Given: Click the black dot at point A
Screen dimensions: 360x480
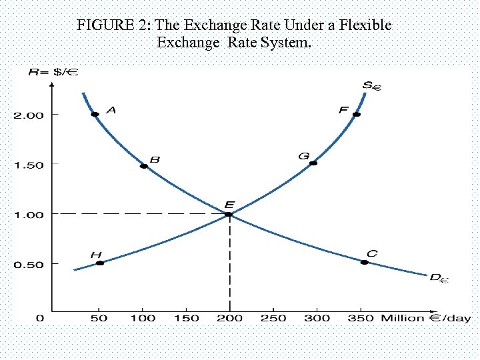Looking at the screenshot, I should (95, 115).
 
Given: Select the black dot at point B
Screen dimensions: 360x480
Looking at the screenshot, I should (143, 166).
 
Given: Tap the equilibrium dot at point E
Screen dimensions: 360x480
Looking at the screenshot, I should (229, 214).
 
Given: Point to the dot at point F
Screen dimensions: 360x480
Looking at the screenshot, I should (357, 115).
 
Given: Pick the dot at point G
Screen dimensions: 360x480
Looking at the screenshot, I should (313, 163).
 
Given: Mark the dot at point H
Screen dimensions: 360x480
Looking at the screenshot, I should (100, 263).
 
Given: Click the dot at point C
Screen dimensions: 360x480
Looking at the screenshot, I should (364, 263).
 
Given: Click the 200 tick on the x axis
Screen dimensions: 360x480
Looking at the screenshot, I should (230, 318).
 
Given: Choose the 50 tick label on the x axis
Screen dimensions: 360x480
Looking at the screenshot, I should (99, 318).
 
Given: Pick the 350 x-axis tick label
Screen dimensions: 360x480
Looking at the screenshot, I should (361, 318).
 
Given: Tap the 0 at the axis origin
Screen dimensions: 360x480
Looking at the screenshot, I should (40, 318).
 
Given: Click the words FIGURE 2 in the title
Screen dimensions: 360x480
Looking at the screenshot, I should (113, 26).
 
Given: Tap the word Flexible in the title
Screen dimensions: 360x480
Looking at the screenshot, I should (366, 26).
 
